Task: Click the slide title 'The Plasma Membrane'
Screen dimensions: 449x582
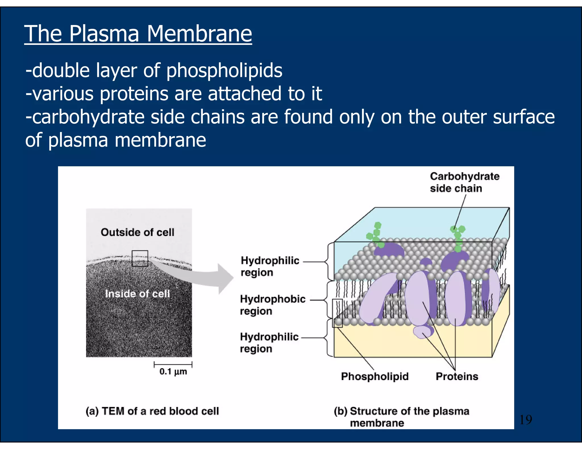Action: point(138,33)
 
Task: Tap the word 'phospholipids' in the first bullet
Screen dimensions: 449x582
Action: point(224,71)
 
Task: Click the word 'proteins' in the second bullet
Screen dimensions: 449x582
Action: point(134,94)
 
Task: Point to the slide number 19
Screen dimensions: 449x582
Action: point(525,419)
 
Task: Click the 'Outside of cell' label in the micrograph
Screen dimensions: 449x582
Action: point(138,232)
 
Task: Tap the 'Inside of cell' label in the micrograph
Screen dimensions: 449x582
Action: point(138,293)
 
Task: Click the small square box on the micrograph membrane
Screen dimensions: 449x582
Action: point(140,258)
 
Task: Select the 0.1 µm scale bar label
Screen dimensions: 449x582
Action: point(173,372)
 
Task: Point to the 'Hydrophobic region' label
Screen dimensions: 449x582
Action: point(272,305)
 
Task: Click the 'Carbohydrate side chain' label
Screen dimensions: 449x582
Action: point(464,182)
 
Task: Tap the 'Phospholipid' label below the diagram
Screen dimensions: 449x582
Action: point(375,376)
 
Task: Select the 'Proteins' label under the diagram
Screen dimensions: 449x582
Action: point(457,376)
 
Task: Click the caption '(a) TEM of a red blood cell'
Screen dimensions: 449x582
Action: point(152,411)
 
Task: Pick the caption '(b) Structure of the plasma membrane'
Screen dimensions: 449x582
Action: point(401,417)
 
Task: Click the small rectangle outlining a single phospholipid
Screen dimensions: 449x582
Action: point(337,313)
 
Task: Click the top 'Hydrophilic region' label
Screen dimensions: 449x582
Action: point(270,266)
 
